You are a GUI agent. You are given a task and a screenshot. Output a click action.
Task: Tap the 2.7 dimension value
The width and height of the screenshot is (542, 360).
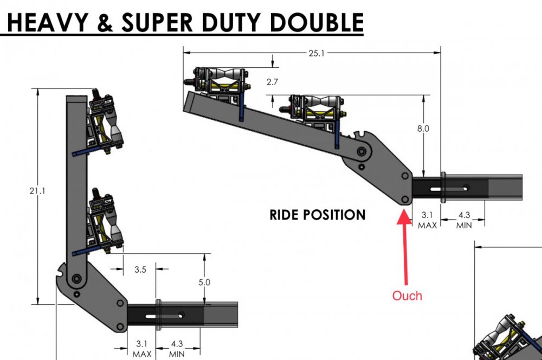pos(273,82)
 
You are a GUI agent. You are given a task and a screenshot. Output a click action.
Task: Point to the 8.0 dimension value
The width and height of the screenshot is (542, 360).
pos(423,129)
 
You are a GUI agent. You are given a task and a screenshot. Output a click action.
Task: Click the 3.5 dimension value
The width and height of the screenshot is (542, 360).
pos(140,269)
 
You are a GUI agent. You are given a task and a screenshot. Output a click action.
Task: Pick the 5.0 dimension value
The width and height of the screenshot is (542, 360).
pos(204,282)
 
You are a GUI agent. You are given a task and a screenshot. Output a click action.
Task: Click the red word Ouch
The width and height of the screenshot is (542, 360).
pos(407,295)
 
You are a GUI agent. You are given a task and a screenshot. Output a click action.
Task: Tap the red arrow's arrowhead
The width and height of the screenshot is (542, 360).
pos(404,217)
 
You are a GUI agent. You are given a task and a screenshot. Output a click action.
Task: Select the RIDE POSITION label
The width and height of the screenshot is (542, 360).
pos(318,215)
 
